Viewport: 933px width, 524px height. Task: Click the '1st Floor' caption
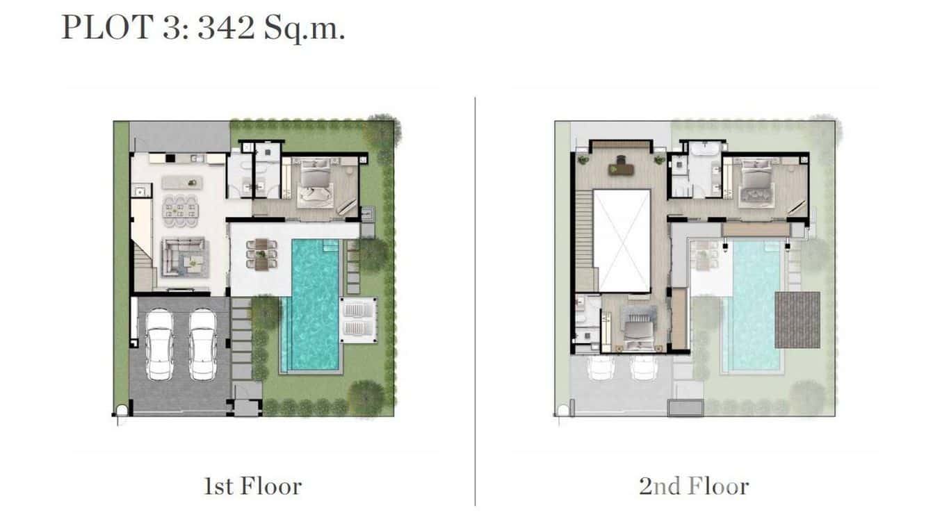[x=252, y=486]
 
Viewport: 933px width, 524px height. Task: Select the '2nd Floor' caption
[x=693, y=486]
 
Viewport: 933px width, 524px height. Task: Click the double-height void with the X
[x=622, y=240]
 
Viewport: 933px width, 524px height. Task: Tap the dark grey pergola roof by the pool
[x=797, y=320]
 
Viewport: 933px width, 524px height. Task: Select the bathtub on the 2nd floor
[x=703, y=149]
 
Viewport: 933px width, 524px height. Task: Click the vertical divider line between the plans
[x=476, y=299]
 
